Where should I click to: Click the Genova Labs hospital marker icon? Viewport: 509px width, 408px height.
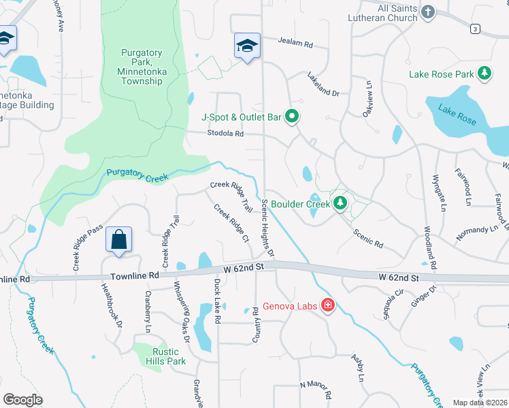tap(328, 305)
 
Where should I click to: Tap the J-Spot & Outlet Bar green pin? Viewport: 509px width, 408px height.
tap(292, 117)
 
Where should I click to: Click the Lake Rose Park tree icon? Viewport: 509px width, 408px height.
tap(485, 73)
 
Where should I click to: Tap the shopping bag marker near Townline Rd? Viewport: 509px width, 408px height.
tap(118, 241)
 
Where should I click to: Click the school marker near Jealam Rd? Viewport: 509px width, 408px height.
tap(247, 46)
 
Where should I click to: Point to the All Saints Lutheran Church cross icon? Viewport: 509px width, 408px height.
tap(428, 12)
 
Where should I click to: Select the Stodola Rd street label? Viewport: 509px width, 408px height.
tap(225, 134)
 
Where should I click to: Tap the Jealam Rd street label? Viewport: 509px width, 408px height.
tap(295, 43)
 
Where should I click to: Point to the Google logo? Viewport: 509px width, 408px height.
tap(22, 400)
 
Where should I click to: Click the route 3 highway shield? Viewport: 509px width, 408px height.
tap(475, 28)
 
